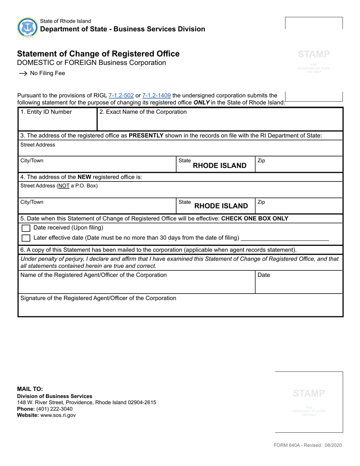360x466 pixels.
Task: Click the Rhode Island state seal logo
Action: click(27, 27)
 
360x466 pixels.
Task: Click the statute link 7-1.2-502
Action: click(121, 96)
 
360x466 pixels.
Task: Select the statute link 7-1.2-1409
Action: click(156, 96)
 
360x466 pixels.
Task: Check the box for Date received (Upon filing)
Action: click(26, 228)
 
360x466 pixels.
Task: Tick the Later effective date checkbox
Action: click(26, 238)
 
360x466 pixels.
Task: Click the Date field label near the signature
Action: click(264, 275)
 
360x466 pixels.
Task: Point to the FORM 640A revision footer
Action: click(308, 445)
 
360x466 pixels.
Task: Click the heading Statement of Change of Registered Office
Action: click(99, 54)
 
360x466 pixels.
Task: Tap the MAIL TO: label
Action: click(30, 389)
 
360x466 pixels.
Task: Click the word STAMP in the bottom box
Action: click(309, 393)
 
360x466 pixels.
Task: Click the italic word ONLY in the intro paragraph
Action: click(202, 103)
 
